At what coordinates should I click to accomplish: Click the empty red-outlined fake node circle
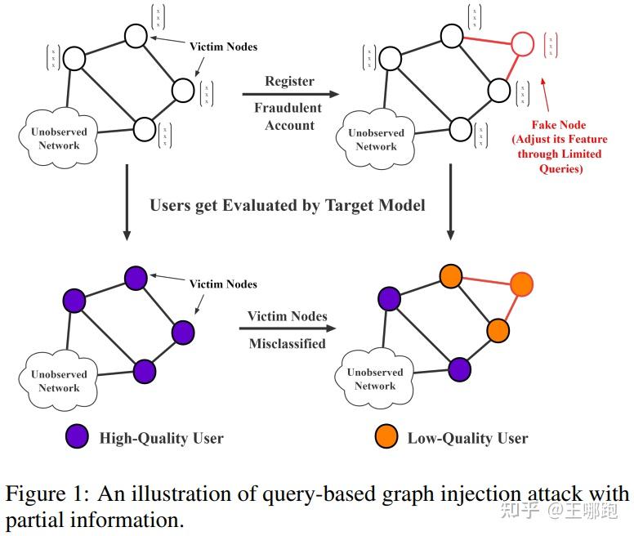click(x=522, y=43)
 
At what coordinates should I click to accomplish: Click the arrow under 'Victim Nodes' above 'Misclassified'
click(x=287, y=329)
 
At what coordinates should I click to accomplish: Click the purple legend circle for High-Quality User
click(x=76, y=438)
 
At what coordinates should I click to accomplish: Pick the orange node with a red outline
click(x=521, y=284)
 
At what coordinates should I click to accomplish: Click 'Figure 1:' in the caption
click(x=46, y=494)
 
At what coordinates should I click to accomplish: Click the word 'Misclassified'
click(x=287, y=344)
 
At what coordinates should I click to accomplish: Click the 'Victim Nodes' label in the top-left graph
click(x=223, y=47)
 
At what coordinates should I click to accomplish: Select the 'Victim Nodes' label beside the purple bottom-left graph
click(x=223, y=284)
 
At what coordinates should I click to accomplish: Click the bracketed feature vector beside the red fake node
click(x=551, y=47)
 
